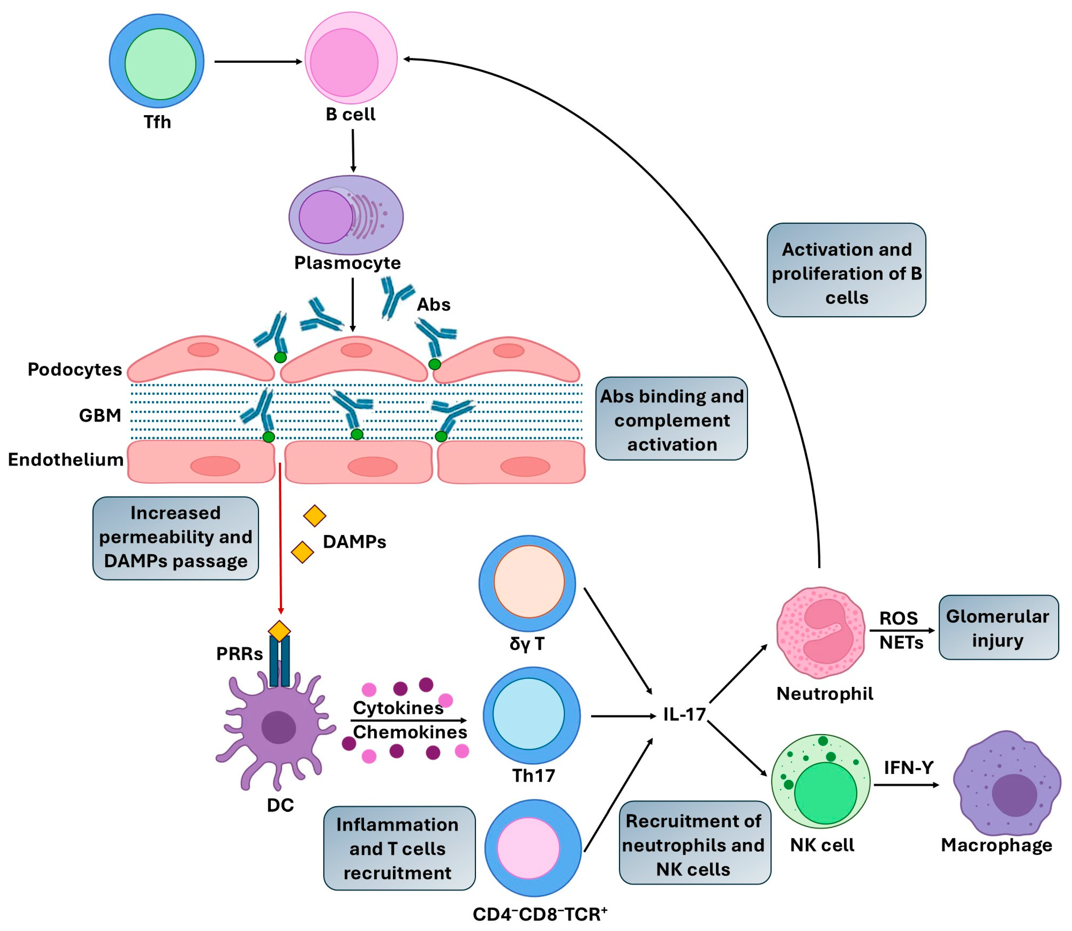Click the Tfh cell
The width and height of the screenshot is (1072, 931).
tap(156, 61)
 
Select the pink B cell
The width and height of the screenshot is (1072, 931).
tap(351, 58)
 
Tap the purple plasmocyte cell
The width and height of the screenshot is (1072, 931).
tap(346, 215)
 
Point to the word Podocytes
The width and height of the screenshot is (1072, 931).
tap(75, 369)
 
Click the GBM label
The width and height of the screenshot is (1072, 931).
tap(100, 415)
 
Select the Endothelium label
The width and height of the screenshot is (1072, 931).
tap(65, 459)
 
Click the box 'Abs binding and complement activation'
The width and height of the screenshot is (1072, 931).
tap(671, 419)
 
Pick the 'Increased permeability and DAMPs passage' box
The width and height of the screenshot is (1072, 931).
tap(176, 538)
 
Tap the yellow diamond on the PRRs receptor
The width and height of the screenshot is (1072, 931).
tap(280, 631)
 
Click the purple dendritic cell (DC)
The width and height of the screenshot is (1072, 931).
tap(275, 727)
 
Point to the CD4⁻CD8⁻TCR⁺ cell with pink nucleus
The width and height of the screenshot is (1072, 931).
tap(533, 848)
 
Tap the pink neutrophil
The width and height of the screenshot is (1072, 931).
tap(821, 632)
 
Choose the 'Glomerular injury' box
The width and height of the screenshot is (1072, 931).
tap(998, 628)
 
